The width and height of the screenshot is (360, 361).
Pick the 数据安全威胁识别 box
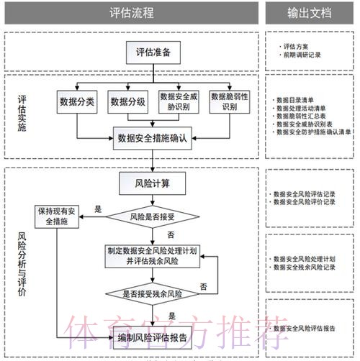click(179, 101)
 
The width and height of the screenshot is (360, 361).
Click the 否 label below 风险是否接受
click(171, 234)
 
